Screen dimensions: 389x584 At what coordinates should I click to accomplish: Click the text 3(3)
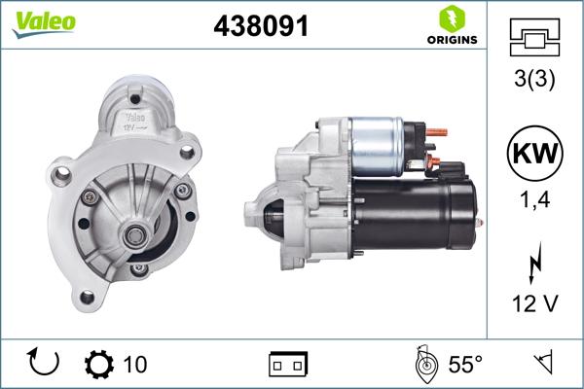pos(534,80)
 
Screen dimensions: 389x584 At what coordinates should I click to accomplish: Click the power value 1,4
pos(534,201)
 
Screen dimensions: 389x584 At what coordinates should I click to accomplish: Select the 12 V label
pos(534,304)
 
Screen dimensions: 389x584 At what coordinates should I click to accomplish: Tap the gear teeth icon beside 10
pos(99,365)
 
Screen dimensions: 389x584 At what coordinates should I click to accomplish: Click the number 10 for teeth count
pos(135,365)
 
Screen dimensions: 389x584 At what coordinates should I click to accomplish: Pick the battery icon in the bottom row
pos(288,365)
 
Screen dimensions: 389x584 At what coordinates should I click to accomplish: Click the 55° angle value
pos(464,365)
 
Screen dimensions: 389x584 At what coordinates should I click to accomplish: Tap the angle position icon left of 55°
pos(424,365)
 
